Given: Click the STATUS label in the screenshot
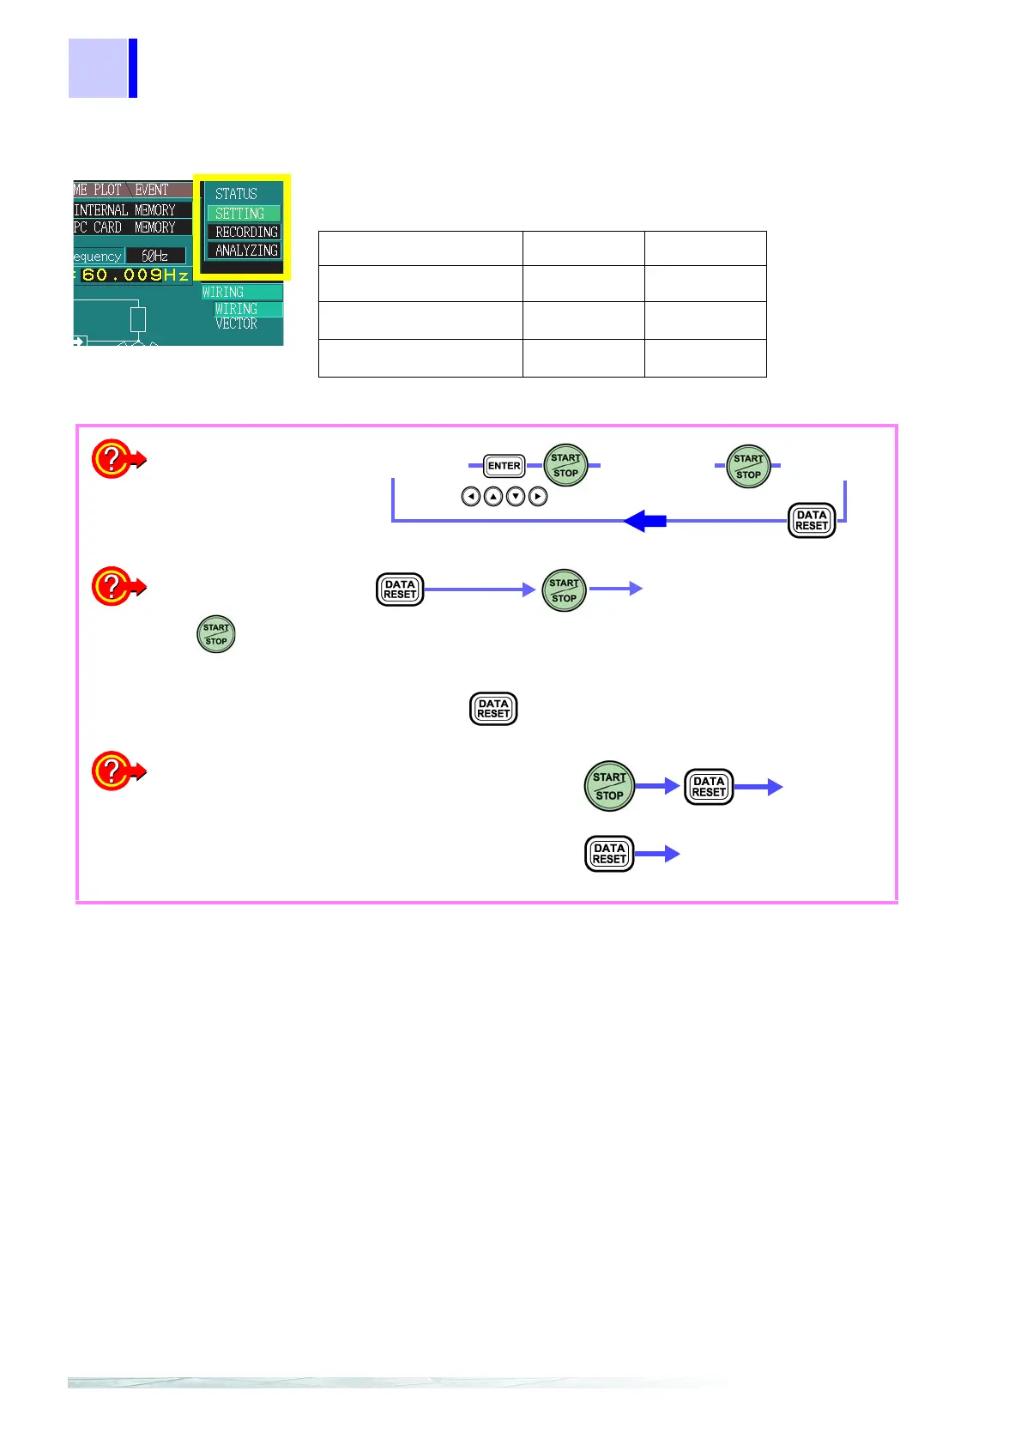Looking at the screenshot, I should tap(236, 194).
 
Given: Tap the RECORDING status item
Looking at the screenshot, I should tap(246, 232).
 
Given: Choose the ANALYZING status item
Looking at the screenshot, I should tap(246, 251).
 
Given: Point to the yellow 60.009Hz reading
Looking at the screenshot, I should tap(135, 275).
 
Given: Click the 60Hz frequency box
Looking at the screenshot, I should tap(155, 256).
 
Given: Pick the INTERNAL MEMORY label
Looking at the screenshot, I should tap(125, 210).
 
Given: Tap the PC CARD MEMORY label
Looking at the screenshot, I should tap(125, 227).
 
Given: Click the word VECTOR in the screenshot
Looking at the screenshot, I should tap(236, 323).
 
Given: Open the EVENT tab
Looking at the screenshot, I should tap(152, 190).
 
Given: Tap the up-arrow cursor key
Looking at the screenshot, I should tap(493, 496).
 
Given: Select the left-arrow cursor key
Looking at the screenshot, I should tap(471, 496).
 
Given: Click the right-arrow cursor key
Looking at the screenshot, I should tap(538, 496).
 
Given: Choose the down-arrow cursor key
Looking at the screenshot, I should tap(516, 496).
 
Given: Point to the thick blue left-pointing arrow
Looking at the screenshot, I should tap(644, 520).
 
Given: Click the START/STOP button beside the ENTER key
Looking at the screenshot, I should tap(566, 465).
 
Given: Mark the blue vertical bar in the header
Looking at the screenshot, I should tap(133, 68).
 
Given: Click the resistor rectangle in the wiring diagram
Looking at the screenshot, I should tap(138, 319).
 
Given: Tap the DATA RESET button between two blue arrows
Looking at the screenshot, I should tap(709, 786).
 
